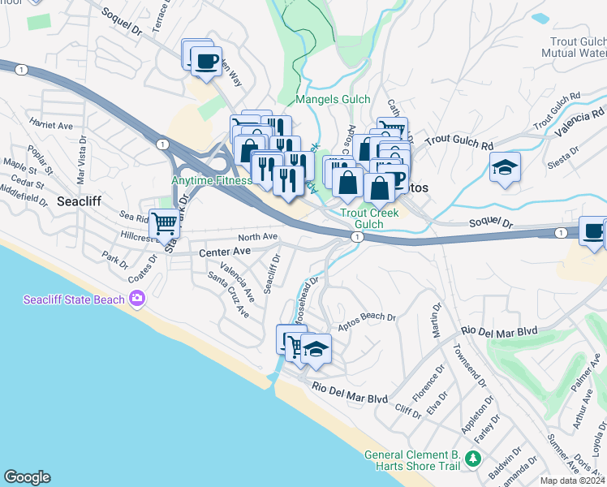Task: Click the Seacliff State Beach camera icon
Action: coord(136,300)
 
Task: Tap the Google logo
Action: coord(27,477)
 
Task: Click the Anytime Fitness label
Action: coord(209,180)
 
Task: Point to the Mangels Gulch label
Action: coord(333,100)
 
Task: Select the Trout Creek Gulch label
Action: coord(362,218)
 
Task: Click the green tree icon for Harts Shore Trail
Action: coord(473,460)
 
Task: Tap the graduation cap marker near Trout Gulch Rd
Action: coord(506,168)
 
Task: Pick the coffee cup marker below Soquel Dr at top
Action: coord(205,60)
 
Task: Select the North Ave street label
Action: coord(259,237)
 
